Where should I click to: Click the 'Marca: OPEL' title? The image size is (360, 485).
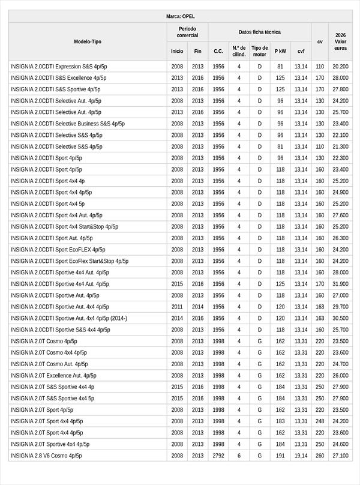pos(180,17)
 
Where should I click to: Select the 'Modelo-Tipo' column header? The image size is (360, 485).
pos(88,41)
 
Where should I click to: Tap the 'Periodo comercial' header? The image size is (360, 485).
pos(187,32)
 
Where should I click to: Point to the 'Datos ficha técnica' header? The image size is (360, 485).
pos(259,32)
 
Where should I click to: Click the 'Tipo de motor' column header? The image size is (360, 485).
pos(260,51)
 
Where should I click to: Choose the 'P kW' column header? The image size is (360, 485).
pos(280,52)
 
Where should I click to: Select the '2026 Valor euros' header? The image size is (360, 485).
pos(341,41)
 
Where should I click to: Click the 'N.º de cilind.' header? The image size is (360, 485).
pos(239,51)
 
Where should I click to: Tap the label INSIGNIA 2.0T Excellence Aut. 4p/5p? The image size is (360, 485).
pos(53,376)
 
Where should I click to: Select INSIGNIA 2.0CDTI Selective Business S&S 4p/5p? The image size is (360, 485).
pos(68,124)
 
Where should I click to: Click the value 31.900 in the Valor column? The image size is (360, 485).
pos(340,284)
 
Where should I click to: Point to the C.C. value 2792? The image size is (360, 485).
pos(218,456)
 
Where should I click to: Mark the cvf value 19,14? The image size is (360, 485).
pos(301,456)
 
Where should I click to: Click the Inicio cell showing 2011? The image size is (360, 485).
pos(177,307)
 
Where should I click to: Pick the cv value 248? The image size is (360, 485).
pos(320,421)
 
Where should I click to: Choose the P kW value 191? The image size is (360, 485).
pos(280,456)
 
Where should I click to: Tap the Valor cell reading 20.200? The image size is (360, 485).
pos(340,67)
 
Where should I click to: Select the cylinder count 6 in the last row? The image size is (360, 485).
pos(239,456)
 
